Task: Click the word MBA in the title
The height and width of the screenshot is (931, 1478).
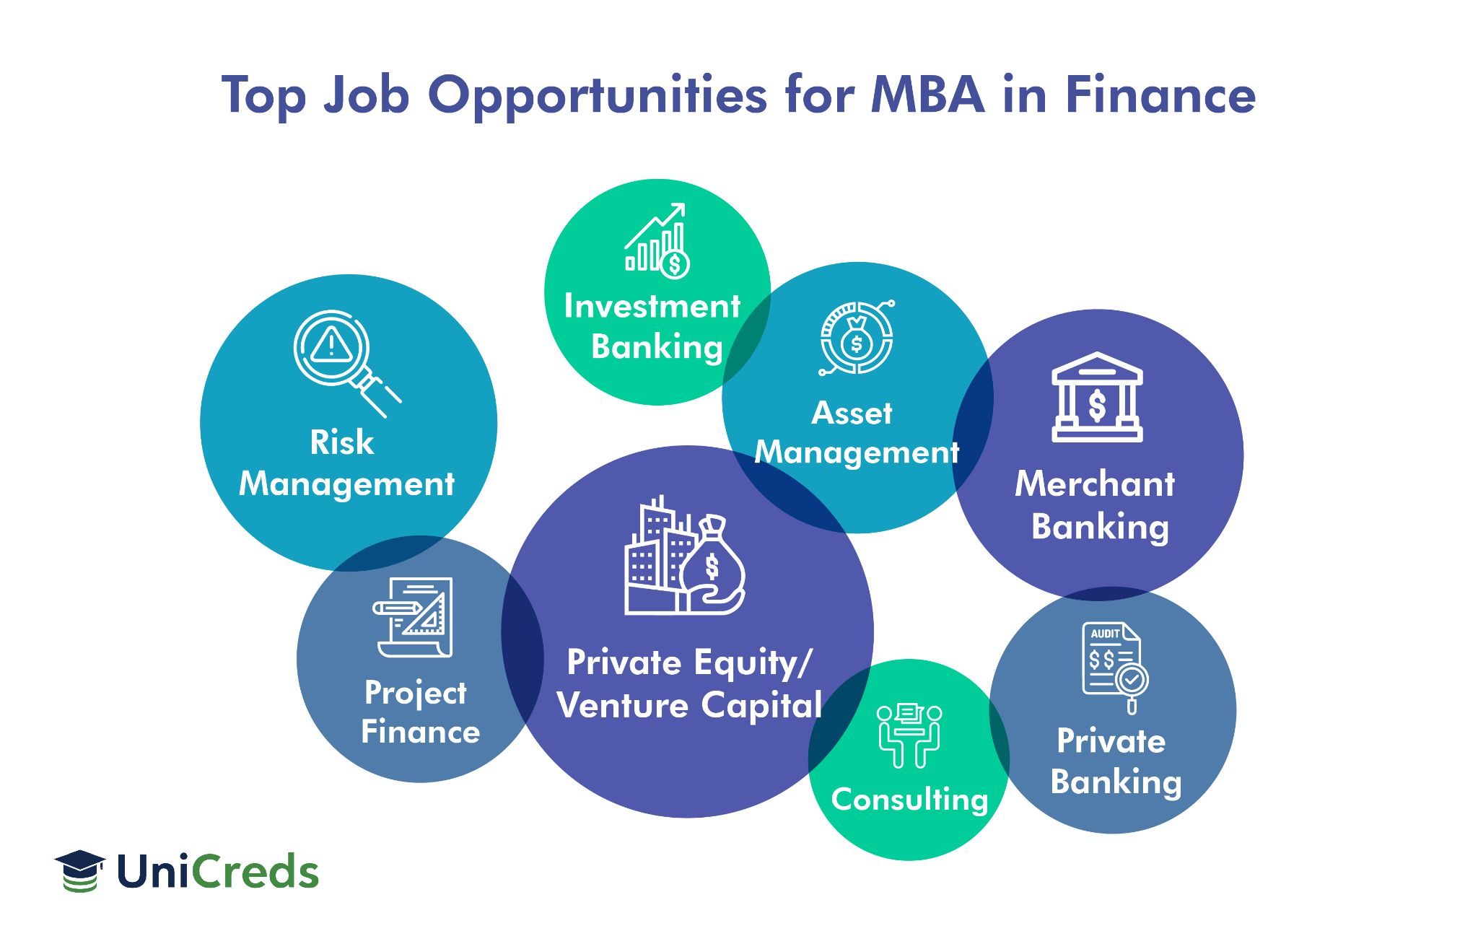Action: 928,95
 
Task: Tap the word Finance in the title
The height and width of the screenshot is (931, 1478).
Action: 1161,95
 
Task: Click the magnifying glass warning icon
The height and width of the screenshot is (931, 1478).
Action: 346,364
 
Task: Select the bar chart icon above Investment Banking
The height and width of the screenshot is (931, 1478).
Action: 657,240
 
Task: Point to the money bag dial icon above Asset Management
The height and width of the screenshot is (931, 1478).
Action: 857,338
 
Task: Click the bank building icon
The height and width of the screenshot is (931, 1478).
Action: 1097,397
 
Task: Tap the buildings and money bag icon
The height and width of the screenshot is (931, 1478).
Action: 684,555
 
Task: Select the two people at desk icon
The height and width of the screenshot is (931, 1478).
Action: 909,735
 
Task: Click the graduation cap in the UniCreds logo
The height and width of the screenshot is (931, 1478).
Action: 79,870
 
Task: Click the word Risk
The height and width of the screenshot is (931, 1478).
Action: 342,442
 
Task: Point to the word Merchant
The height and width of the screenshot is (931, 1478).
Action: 1095,484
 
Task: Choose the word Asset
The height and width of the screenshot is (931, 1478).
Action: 852,414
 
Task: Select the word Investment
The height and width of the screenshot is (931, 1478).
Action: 652,306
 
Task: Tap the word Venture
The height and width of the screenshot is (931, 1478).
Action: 623,705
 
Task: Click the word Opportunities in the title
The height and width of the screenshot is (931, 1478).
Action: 597,96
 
